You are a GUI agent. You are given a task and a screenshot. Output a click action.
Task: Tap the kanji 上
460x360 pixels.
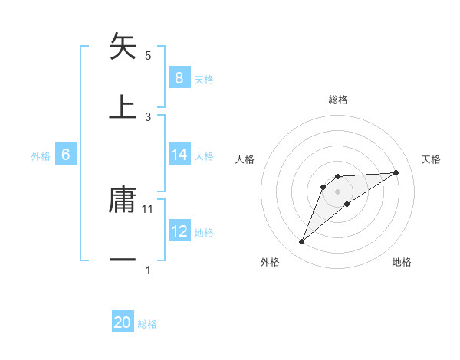123,106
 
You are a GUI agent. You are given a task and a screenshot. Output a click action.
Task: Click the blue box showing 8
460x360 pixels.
179,77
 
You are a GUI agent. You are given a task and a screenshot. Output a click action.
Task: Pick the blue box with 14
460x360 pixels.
179,155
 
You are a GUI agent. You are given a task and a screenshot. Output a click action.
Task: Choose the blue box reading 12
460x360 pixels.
179,231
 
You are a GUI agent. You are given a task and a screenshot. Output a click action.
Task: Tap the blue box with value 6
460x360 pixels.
66,155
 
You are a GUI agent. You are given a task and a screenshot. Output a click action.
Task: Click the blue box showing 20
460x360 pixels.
123,322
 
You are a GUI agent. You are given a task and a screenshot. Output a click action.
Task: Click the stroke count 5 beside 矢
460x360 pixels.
149,56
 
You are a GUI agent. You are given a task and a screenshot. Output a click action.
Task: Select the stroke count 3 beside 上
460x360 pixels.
149,116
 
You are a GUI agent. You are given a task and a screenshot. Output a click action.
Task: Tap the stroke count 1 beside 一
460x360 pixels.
149,270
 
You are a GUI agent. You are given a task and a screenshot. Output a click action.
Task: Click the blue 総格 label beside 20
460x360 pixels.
147,324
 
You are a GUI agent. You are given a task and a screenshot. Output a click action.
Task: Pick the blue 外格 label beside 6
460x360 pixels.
41,156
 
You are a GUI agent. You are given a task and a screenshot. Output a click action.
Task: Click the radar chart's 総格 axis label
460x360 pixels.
338,100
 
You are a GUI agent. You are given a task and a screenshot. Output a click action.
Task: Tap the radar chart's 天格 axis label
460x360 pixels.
432,159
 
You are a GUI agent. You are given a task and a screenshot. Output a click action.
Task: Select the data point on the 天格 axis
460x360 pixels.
396,172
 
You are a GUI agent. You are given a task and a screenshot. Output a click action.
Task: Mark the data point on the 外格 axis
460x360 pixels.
301,242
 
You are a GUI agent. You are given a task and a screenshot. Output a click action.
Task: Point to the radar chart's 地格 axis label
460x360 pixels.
402,262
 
